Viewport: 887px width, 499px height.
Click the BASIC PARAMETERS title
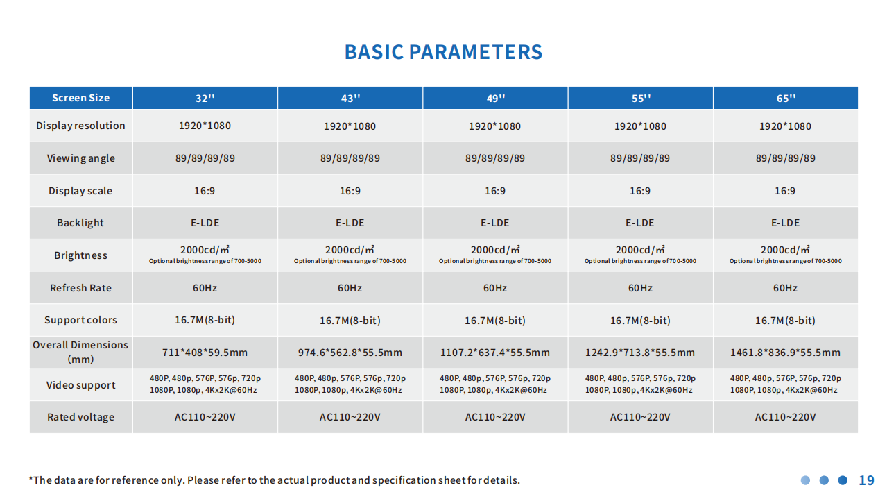point(444,52)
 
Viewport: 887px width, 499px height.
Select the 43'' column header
point(350,98)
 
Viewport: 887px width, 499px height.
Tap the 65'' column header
point(786,98)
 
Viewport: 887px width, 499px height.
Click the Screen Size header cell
point(80,98)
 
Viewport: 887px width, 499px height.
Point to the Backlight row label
point(80,223)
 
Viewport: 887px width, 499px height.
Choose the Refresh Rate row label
point(80,288)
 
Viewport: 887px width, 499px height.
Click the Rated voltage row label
point(80,417)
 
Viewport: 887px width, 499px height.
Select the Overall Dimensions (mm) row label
point(80,352)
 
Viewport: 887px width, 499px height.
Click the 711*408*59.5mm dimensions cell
point(205,353)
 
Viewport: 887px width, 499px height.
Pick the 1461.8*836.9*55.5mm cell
point(785,353)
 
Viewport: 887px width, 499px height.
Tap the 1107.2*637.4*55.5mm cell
point(495,353)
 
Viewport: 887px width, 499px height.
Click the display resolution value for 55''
point(640,126)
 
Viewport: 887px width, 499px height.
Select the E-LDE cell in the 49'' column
point(495,223)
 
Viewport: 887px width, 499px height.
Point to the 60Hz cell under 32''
point(205,288)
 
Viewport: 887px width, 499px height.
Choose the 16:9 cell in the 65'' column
point(785,191)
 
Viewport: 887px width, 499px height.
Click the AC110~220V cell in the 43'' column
point(350,417)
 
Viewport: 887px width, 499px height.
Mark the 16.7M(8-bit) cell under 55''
point(640,320)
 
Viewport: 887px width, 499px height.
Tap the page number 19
point(866,480)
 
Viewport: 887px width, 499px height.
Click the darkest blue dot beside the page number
point(843,480)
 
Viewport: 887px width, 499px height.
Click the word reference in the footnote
point(133,480)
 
